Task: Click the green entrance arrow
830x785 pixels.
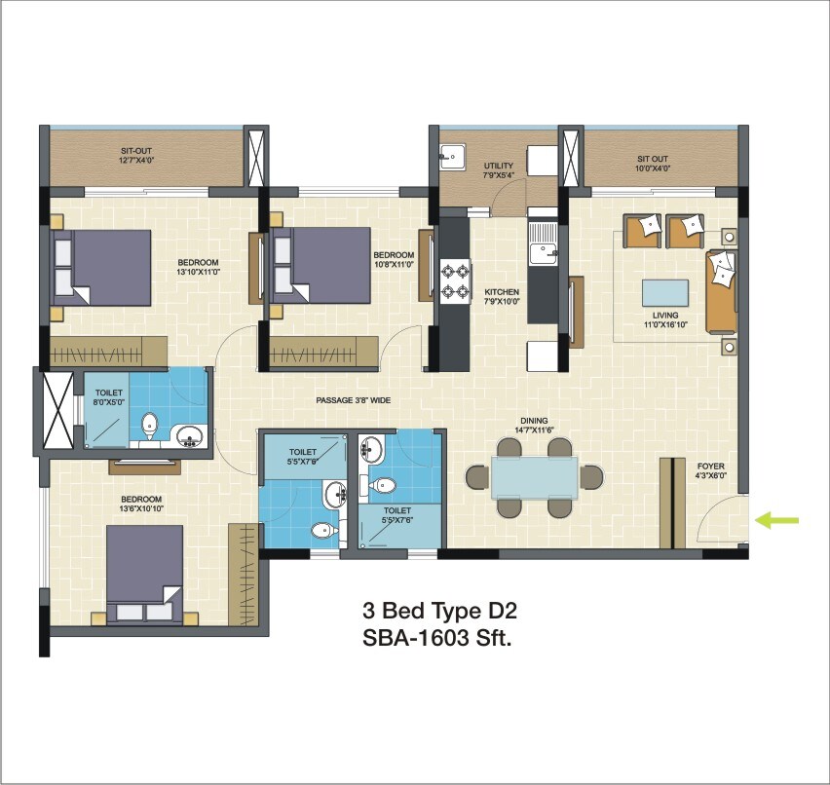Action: (x=777, y=521)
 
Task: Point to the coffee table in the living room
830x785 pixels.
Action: (x=666, y=293)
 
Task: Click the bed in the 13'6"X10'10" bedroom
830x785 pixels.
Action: (x=144, y=573)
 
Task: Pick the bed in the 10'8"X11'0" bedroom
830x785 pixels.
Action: (x=321, y=265)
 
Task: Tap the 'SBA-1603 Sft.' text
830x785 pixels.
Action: (x=436, y=640)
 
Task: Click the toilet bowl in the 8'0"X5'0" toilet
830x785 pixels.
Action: (x=149, y=424)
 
